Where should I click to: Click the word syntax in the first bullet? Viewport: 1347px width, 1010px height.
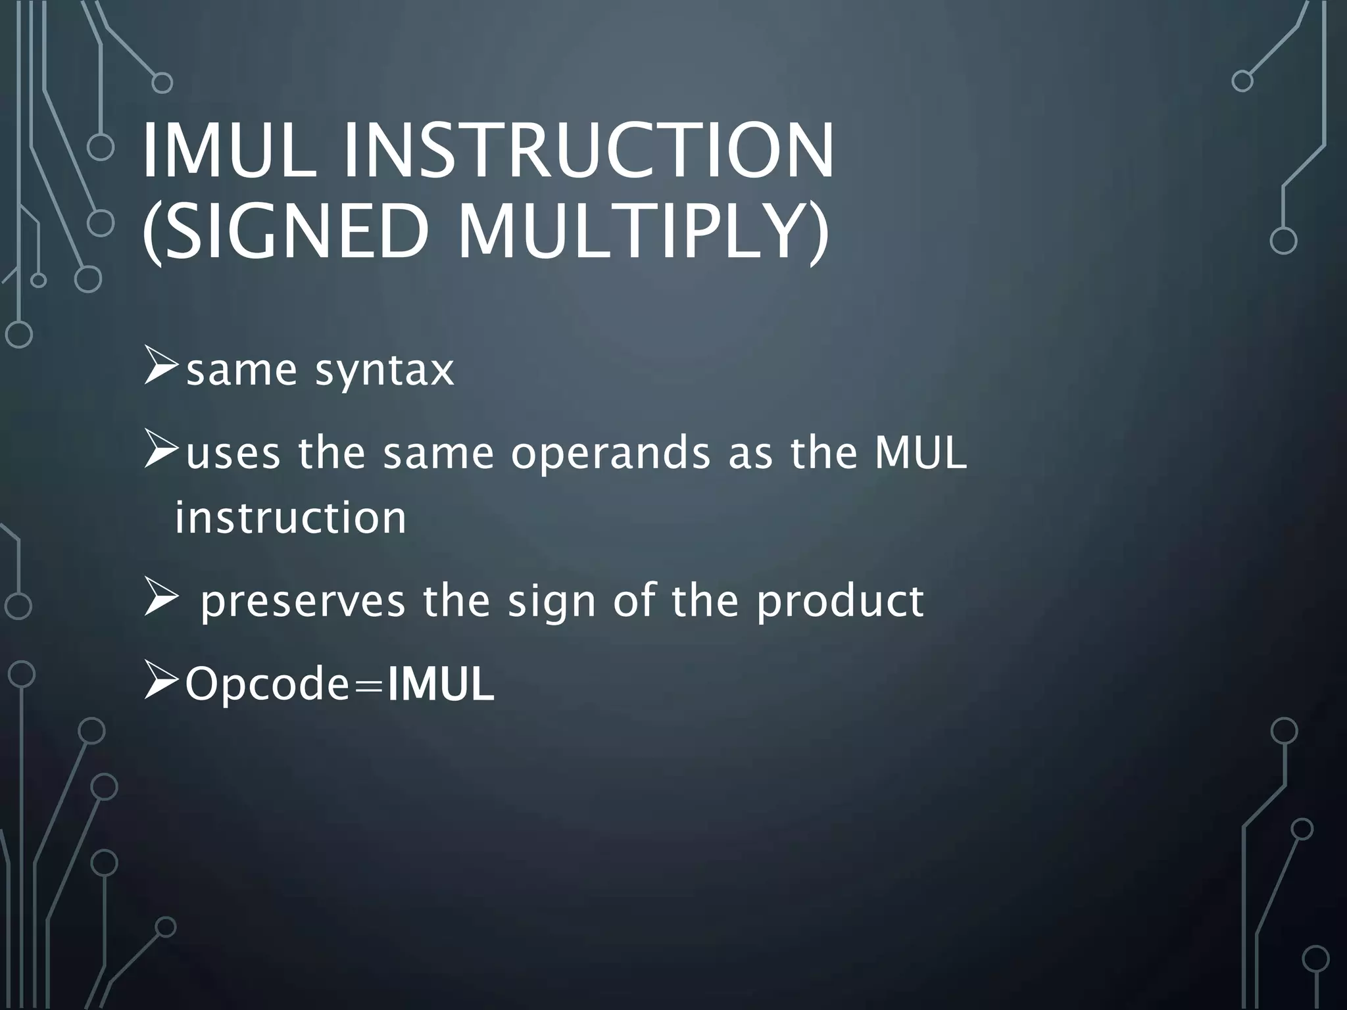pos(385,371)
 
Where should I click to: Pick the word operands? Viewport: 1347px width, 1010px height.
pos(611,454)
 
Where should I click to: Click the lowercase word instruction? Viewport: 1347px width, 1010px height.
pos(291,518)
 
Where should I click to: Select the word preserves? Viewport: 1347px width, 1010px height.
pos(303,601)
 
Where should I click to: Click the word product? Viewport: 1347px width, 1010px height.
pos(840,602)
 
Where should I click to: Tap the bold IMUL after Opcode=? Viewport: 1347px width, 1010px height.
pos(441,685)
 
